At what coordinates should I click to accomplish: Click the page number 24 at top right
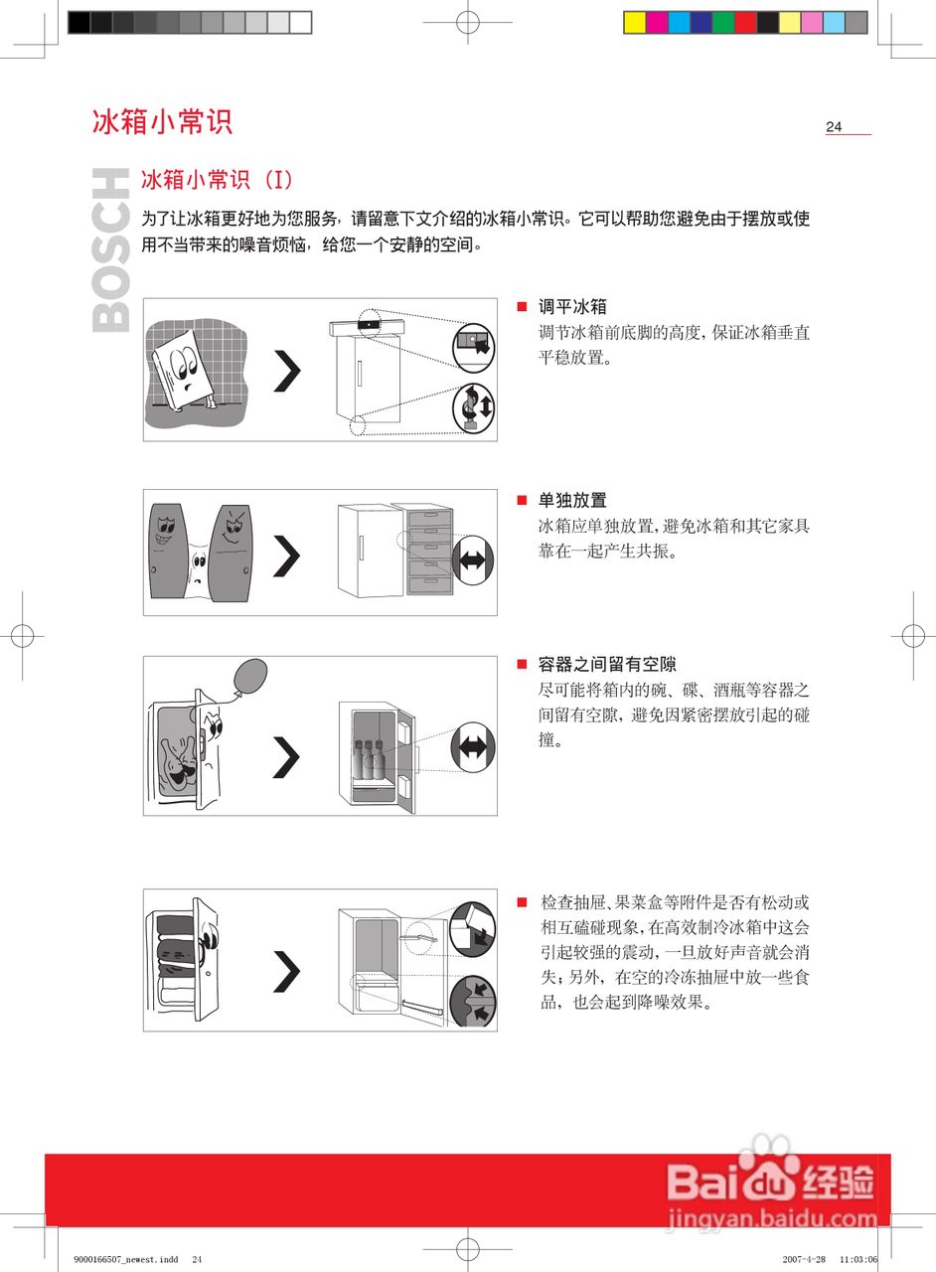[x=834, y=126]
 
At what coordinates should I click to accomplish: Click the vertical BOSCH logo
[x=111, y=249]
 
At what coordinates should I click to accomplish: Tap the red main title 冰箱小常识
[x=162, y=121]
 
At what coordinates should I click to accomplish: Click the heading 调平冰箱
[x=572, y=307]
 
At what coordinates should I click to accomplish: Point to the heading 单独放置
[x=572, y=500]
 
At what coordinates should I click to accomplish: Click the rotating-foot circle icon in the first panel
[x=473, y=406]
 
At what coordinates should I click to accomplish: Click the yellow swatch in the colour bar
[x=635, y=22]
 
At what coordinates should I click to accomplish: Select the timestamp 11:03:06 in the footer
[x=858, y=1259]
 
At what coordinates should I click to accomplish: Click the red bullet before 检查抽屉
[x=521, y=902]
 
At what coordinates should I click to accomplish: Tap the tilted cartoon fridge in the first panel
[x=187, y=368]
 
